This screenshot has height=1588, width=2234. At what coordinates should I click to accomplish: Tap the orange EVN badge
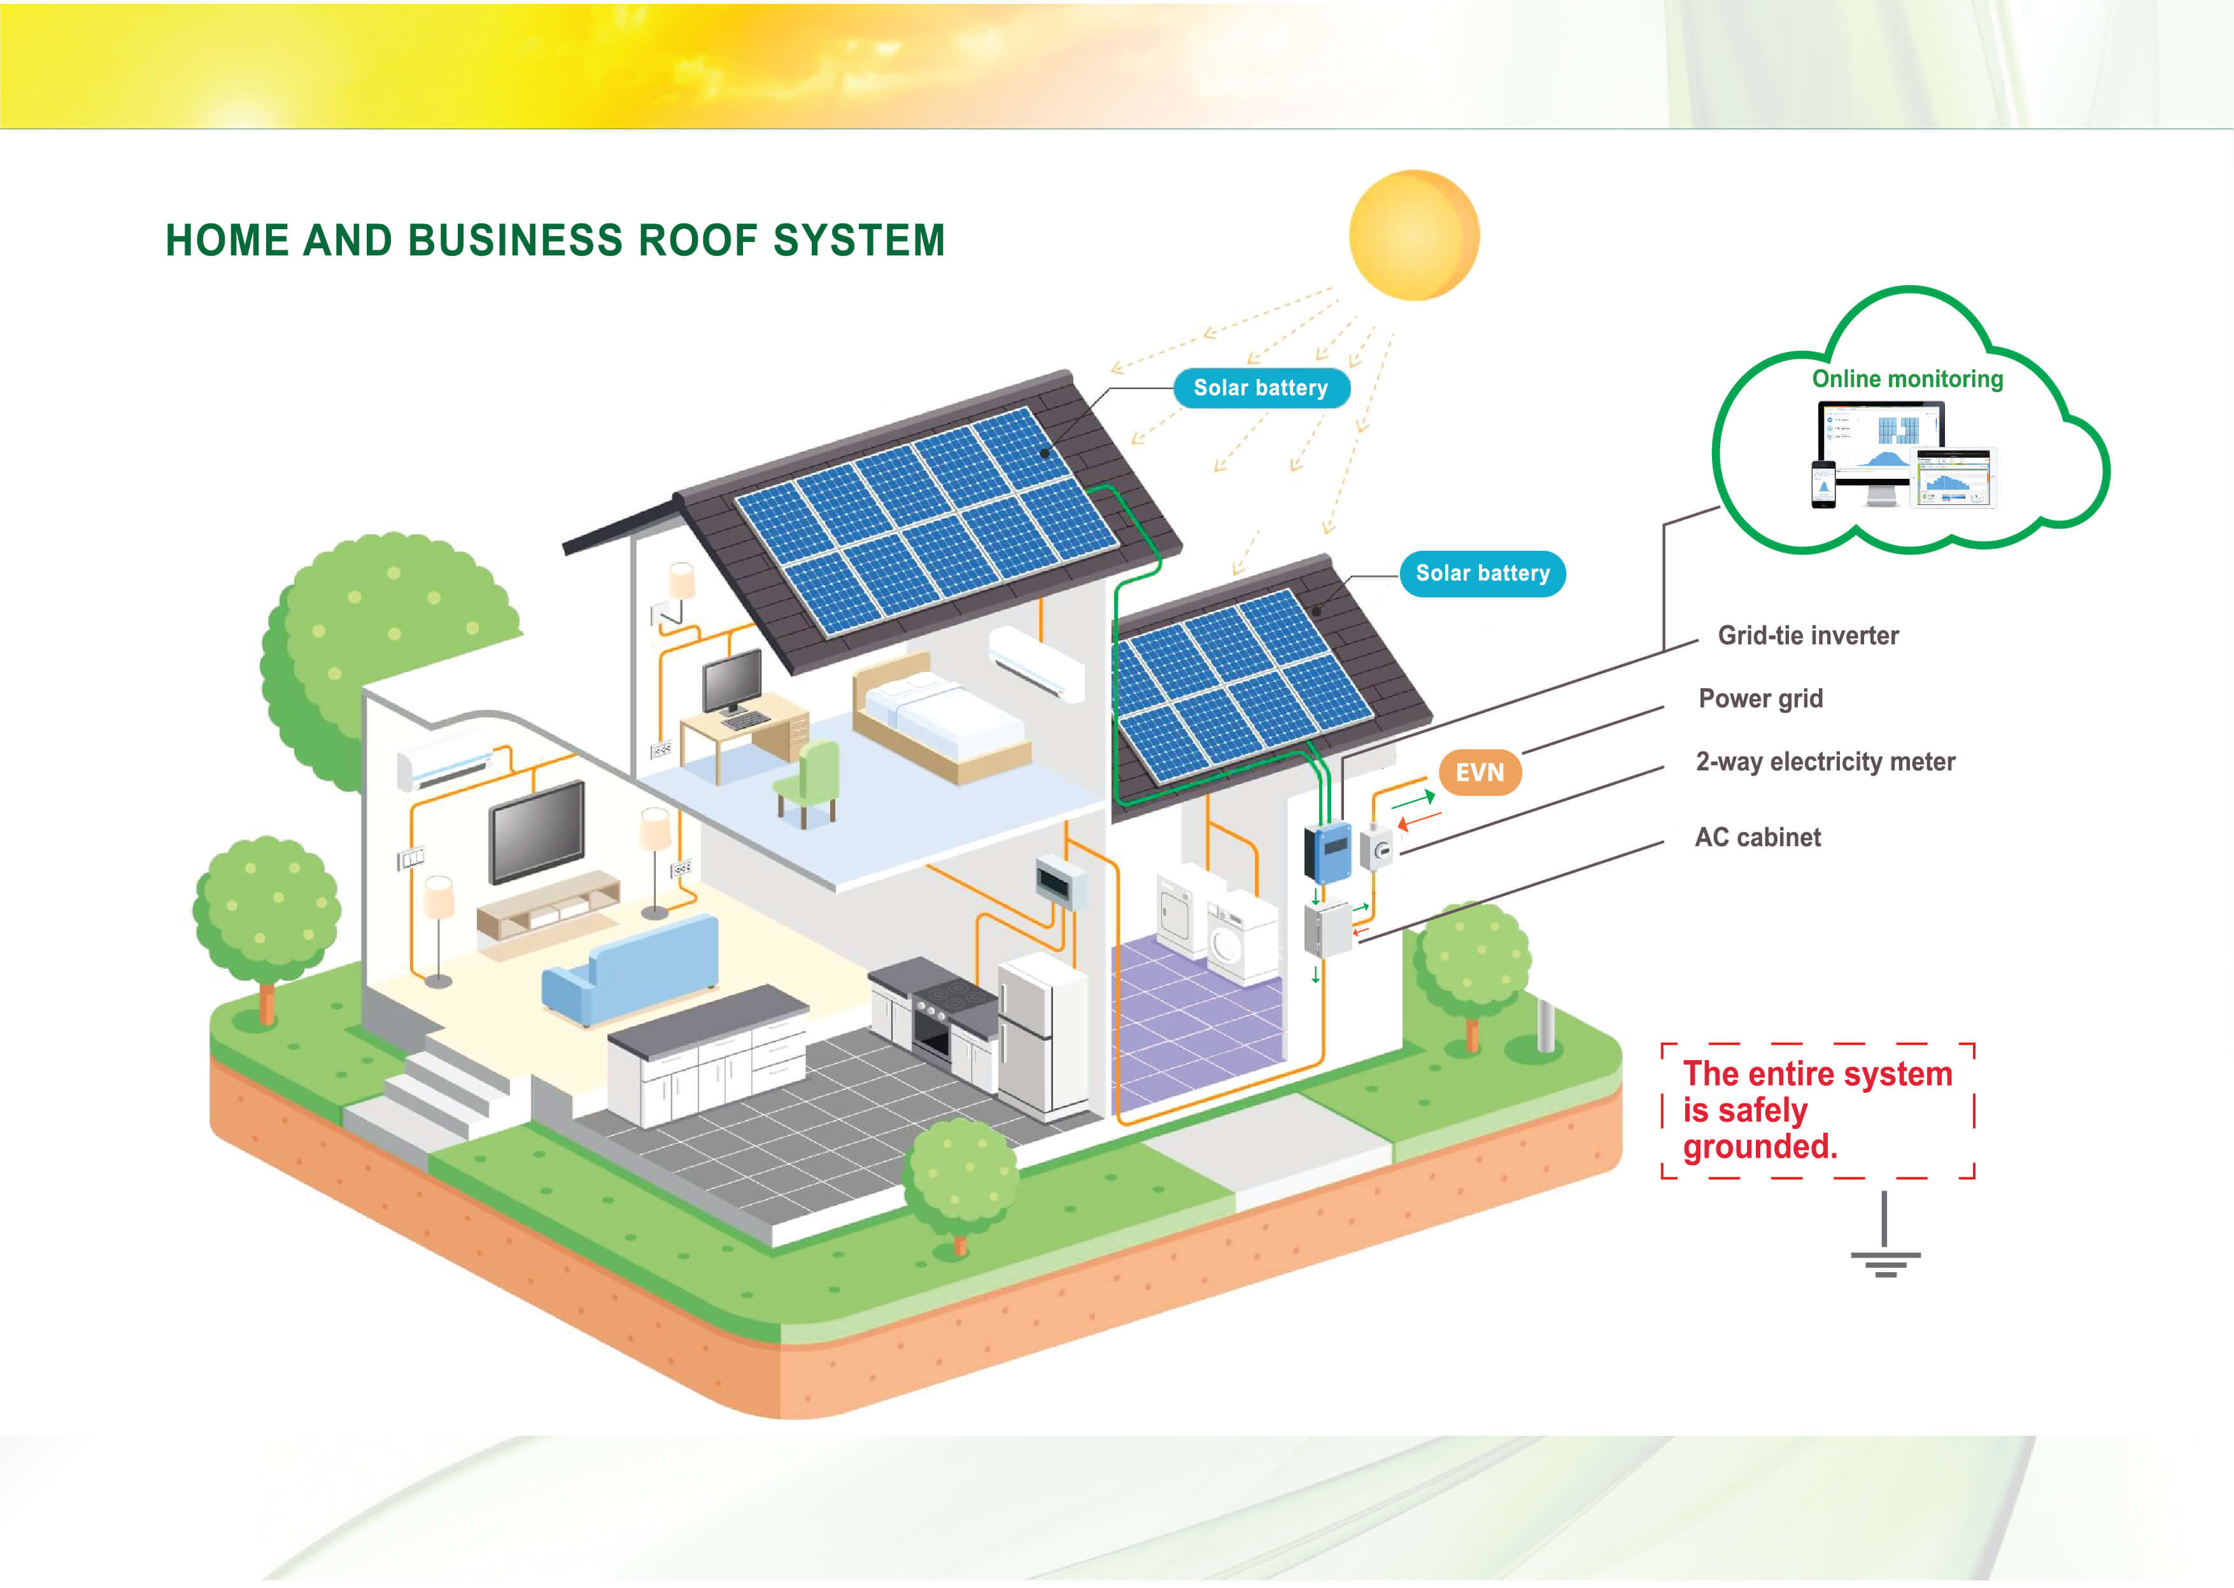(1479, 772)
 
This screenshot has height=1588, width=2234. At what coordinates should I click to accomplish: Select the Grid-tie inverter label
(1807, 635)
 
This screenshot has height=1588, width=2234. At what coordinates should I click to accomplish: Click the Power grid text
(1760, 698)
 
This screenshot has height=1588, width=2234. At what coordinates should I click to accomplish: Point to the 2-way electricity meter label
(1825, 762)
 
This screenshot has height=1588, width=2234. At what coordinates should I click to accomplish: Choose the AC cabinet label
(1757, 837)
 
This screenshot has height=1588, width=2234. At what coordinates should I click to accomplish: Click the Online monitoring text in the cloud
(1907, 379)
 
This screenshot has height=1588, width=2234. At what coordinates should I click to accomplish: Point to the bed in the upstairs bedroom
(938, 719)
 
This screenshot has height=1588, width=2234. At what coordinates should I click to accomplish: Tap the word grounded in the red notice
(1759, 1146)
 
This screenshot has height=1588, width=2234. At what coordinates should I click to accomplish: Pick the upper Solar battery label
(1260, 388)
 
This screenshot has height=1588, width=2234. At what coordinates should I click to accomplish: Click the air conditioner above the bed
(1036, 660)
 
